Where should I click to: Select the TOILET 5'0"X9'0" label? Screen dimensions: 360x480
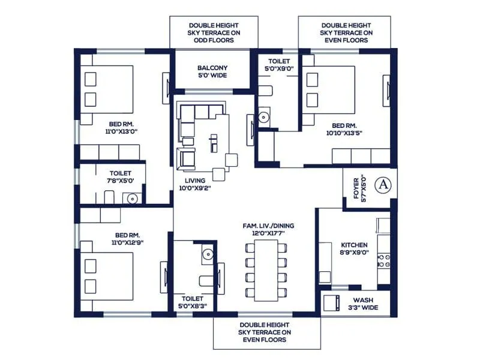[279, 65]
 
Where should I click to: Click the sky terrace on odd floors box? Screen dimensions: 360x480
[214, 32]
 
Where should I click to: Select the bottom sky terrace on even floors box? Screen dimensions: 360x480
[266, 332]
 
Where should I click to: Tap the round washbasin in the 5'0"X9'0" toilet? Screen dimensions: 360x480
[264, 115]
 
